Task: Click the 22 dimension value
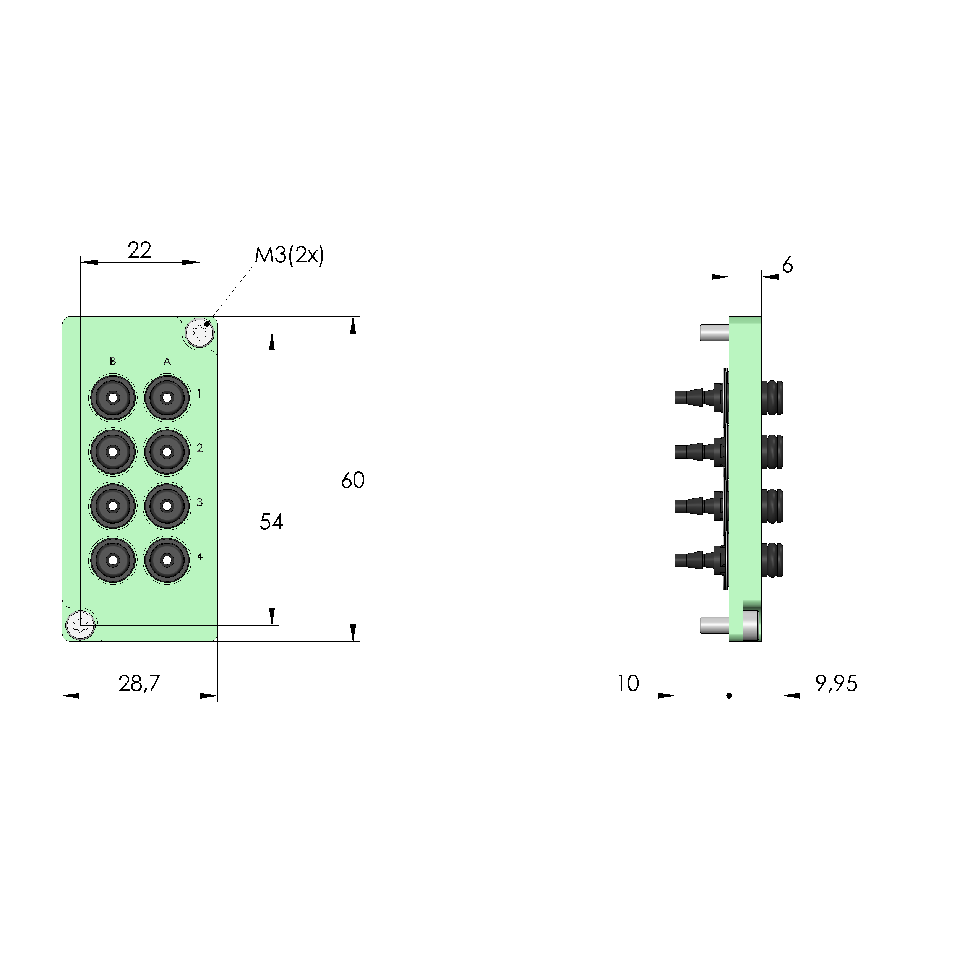[139, 250]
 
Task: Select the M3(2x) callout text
[289, 255]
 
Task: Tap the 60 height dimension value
[353, 480]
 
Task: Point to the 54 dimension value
[271, 522]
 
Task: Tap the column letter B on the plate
[113, 361]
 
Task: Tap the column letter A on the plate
[167, 361]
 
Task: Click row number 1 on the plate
[199, 394]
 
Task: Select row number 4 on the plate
[199, 556]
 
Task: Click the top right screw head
[200, 332]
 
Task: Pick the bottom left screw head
[81, 625]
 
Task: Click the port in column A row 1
[167, 398]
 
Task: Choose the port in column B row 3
[113, 506]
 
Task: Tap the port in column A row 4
[167, 560]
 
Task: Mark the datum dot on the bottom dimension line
[729, 696]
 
